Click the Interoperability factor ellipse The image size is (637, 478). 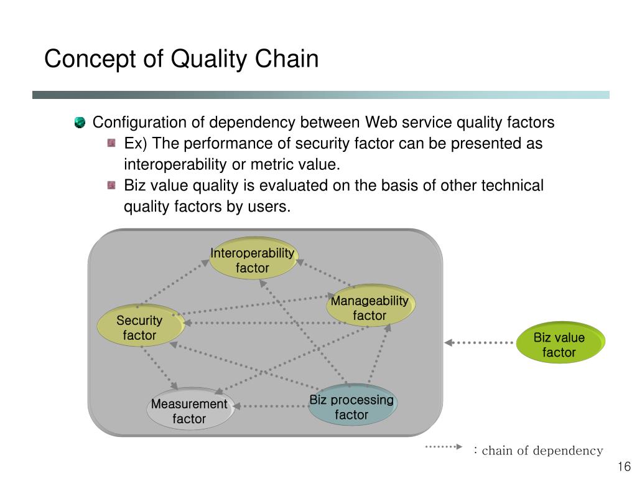coord(254,258)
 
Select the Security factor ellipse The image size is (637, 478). coord(141,325)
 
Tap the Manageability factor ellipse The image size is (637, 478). coord(371,305)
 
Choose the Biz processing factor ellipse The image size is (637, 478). coord(353,405)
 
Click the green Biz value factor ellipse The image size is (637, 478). coord(560,342)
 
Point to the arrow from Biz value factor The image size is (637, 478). coord(479,343)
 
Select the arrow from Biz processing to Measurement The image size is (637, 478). coord(271,406)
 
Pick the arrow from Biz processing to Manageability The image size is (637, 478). coord(379,354)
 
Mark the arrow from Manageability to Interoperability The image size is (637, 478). coord(325,273)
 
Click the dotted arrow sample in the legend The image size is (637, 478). coord(444,447)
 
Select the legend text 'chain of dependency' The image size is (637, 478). coord(542,451)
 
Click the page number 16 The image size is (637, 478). coord(624,466)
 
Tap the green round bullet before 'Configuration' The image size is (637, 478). coord(80,122)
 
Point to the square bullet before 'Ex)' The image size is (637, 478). coord(111,143)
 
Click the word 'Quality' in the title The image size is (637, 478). coord(208,59)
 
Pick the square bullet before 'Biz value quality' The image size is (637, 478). coord(111,185)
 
